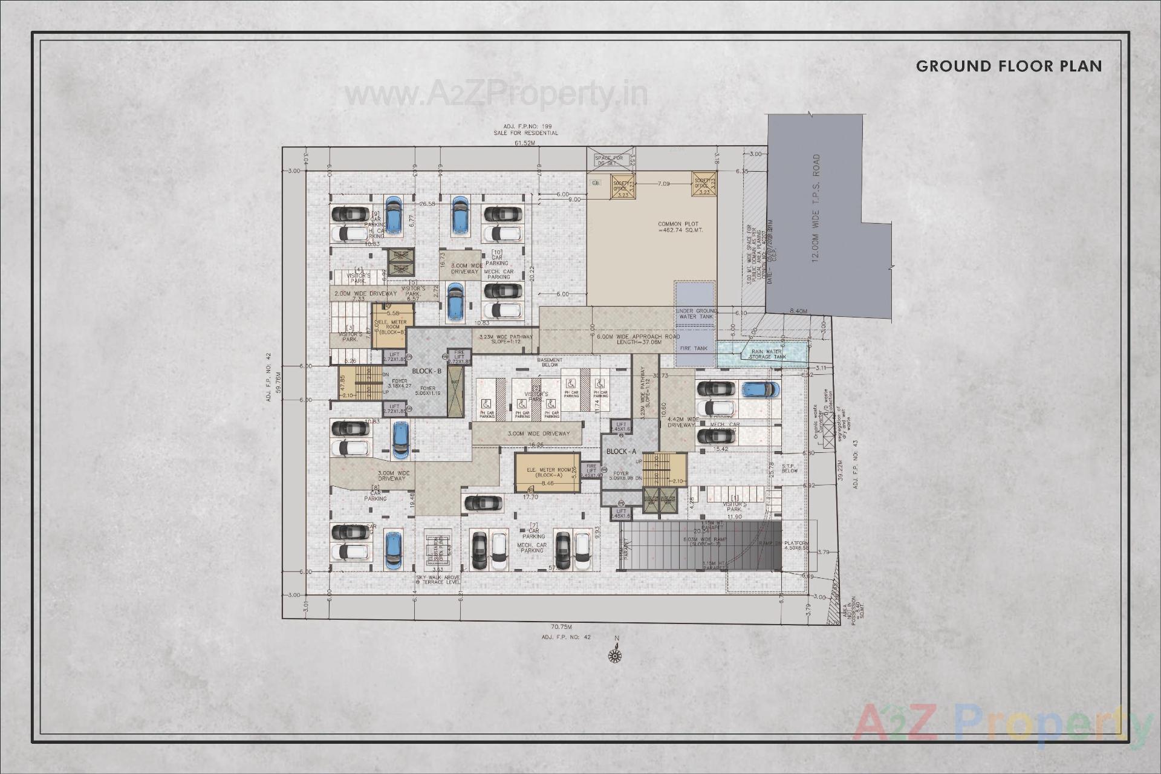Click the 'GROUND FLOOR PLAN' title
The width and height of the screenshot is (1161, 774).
click(1009, 67)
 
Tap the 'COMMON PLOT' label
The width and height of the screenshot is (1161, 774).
click(678, 227)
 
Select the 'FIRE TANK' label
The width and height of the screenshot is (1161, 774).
click(694, 348)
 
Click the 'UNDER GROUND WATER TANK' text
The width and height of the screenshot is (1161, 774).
click(696, 314)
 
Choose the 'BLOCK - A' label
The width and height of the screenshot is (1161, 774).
click(621, 452)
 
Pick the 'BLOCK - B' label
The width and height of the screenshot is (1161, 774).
click(426, 371)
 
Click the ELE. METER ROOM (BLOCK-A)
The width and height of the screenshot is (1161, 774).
click(547, 473)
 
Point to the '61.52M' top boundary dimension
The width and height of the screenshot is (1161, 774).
click(524, 143)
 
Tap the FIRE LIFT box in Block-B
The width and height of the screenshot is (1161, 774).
click(459, 357)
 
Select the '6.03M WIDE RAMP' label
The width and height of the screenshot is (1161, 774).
click(706, 542)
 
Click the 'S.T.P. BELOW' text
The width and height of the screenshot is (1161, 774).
click(790, 468)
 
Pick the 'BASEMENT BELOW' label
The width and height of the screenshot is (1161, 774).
click(550, 363)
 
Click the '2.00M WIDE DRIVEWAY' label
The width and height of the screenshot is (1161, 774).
click(365, 293)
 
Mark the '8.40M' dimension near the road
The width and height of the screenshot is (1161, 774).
click(798, 311)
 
